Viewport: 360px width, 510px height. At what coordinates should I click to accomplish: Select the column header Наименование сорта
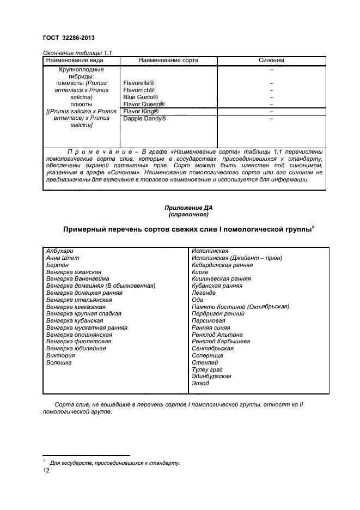point(168,60)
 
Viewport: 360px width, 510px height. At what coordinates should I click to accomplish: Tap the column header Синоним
point(271,60)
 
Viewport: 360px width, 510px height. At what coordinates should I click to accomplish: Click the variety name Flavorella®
point(139,83)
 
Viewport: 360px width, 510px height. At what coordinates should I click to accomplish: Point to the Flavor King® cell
point(141,111)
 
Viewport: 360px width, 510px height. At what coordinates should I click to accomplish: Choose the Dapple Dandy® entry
point(144,118)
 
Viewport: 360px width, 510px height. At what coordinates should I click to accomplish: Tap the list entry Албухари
point(59,251)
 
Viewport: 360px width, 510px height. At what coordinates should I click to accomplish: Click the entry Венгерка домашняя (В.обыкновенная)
point(101,286)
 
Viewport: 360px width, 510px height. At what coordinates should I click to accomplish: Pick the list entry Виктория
point(60,355)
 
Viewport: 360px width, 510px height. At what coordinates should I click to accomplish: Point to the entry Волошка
point(59,362)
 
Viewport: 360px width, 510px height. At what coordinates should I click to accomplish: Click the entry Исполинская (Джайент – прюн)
point(237,258)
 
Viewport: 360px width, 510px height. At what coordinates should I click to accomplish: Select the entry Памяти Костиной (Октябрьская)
point(240,307)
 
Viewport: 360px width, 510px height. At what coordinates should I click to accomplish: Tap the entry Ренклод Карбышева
point(221,342)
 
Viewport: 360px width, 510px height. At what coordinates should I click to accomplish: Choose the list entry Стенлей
point(205,362)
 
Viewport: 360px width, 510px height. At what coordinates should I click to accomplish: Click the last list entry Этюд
point(200,384)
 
